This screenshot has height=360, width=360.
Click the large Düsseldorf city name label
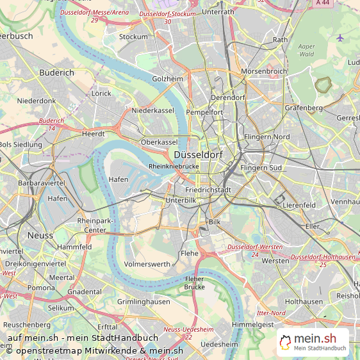(198, 154)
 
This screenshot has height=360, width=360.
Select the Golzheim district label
(167, 79)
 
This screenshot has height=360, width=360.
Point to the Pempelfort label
(204, 112)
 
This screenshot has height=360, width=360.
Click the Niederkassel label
(152, 110)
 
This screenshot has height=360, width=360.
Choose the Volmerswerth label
(147, 263)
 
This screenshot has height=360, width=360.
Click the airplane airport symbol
(340, 38)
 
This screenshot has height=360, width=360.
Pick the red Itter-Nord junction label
(270, 313)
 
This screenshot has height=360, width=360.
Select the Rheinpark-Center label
(92, 225)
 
